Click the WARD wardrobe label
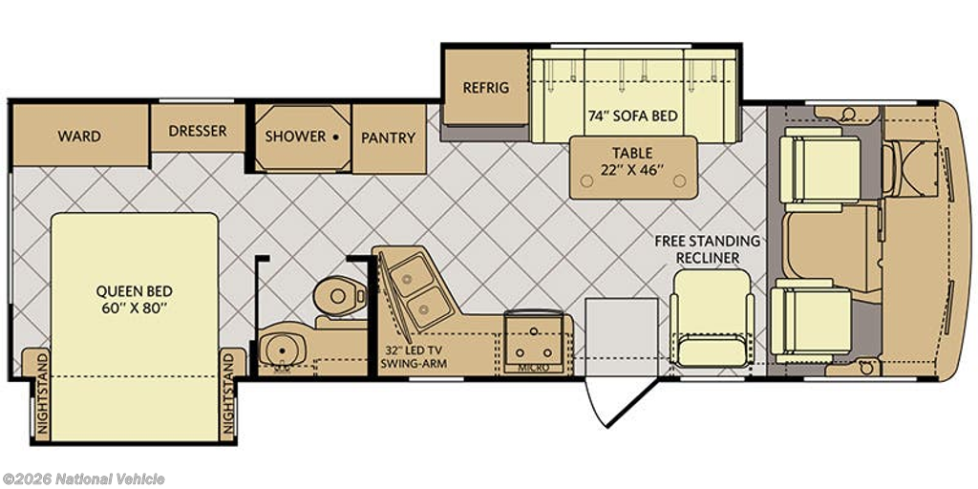(79, 136)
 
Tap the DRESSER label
(198, 131)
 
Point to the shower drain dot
(335, 136)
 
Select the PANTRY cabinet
(390, 138)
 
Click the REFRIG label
(486, 87)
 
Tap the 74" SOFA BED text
(633, 116)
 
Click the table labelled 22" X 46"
(633, 168)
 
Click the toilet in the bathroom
(340, 297)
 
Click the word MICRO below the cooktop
(535, 368)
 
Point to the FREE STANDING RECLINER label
(708, 249)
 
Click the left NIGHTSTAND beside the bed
(42, 394)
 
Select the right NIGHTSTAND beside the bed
(229, 394)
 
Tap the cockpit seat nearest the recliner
(812, 321)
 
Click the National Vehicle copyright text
(82, 479)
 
